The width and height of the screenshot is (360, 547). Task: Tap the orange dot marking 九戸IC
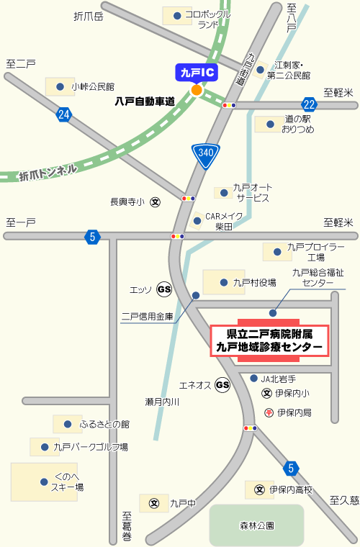coord(197,90)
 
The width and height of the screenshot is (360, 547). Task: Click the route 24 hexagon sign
coord(64,114)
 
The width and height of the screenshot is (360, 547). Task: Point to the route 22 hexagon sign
coord(310,105)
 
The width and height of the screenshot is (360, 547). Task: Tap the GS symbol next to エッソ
coord(165,289)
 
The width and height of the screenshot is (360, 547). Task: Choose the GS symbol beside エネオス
coord(222,385)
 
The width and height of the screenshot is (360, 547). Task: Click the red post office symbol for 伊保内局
coord(269,413)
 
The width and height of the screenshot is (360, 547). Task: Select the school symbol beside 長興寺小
coord(156,202)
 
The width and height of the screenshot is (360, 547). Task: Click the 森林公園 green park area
coord(256,525)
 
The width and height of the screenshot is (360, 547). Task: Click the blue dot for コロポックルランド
coord(176,14)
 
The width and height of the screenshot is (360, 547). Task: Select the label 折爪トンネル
coord(48,171)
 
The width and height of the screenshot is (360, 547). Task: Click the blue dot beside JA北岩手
coord(253,379)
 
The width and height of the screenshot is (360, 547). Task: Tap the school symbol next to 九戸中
coord(153,504)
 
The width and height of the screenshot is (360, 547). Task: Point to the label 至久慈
coord(344,499)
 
